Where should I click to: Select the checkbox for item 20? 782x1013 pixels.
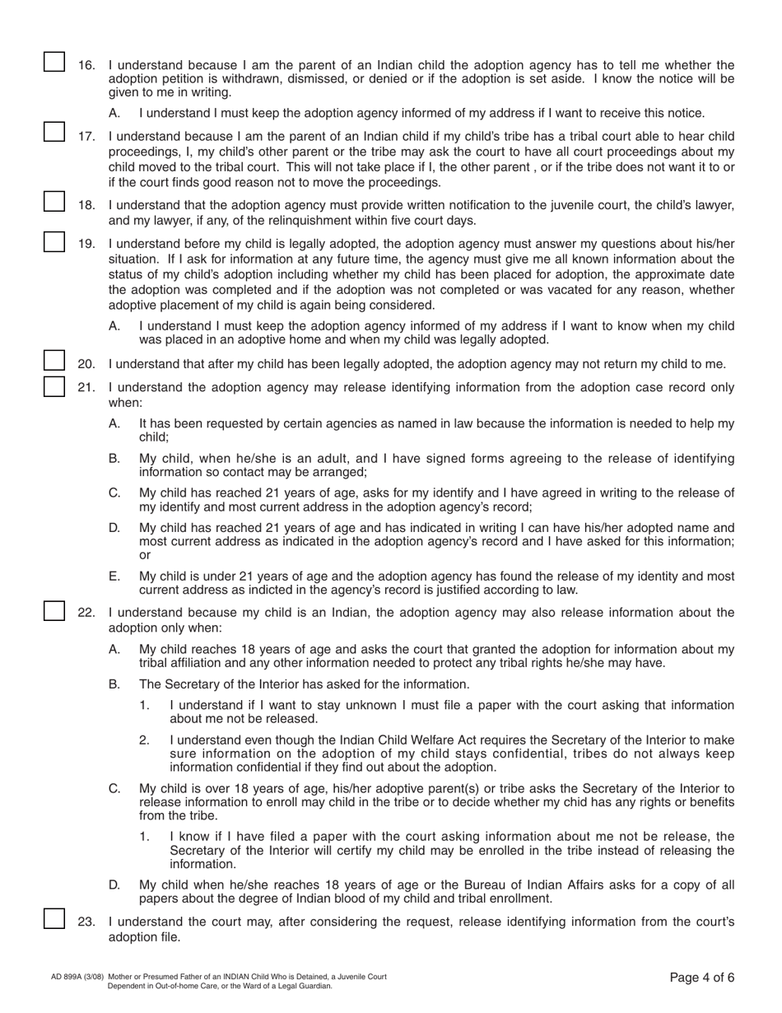[x=54, y=361]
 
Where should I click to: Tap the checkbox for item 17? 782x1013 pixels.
[x=54, y=132]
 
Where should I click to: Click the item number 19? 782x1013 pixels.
[x=86, y=244]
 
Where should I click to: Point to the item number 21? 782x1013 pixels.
[x=86, y=387]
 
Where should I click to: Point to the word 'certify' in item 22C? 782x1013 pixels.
[x=366, y=850]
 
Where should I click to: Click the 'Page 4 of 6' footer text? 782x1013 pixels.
[x=701, y=978]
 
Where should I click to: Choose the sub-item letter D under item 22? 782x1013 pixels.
[x=114, y=885]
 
